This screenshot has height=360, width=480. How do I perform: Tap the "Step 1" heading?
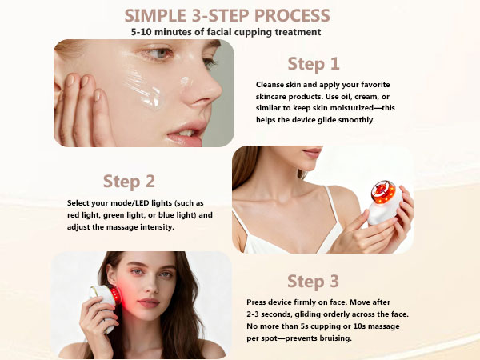click(313, 63)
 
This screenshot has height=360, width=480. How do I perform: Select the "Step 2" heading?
click(129, 181)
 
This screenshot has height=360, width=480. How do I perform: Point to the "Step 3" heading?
click(313, 281)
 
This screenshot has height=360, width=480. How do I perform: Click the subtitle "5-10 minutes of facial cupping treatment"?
click(226, 32)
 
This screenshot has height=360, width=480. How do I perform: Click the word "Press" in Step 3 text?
click(259, 302)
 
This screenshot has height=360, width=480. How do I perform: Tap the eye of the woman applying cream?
click(162, 54)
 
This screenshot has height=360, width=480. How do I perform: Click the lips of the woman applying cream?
click(186, 132)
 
